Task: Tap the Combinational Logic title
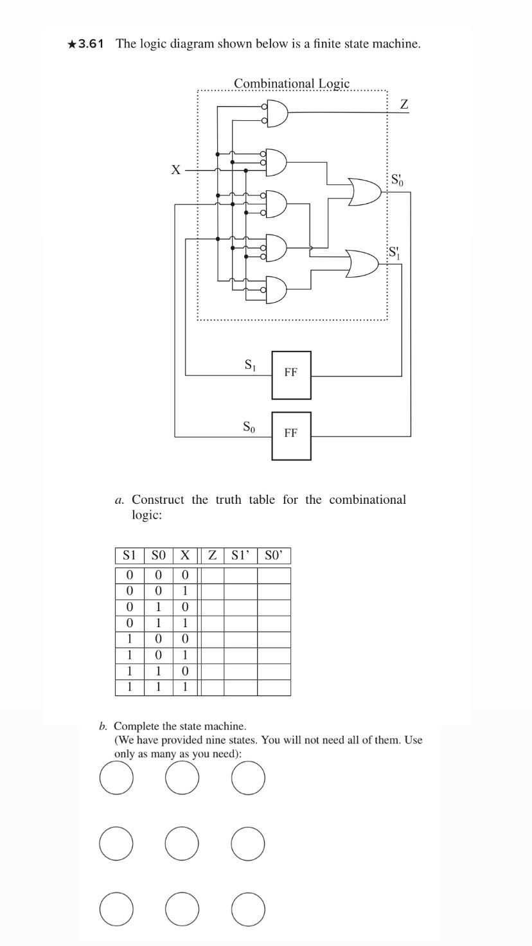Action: pyautogui.click(x=292, y=84)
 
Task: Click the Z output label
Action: pyautogui.click(x=404, y=104)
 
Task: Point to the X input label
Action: pyautogui.click(x=176, y=170)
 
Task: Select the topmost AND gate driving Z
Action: pyautogui.click(x=276, y=115)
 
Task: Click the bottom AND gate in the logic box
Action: pyautogui.click(x=276, y=290)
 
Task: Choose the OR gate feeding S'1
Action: pyautogui.click(x=364, y=263)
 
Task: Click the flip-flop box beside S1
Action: pyautogui.click(x=291, y=375)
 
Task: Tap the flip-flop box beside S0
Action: pyautogui.click(x=291, y=436)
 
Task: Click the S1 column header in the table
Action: pyautogui.click(x=130, y=555)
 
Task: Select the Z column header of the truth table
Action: pyautogui.click(x=212, y=555)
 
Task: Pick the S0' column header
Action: pyautogui.click(x=274, y=555)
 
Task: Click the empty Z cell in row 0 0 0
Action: pyautogui.click(x=212, y=575)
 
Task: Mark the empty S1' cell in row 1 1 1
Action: pyautogui.click(x=240, y=687)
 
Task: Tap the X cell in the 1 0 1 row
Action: pyautogui.click(x=185, y=655)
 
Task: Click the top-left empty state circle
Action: pyautogui.click(x=117, y=778)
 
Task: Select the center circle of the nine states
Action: pyautogui.click(x=182, y=843)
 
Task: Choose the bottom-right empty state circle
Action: pyautogui.click(x=248, y=907)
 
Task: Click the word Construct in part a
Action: pyautogui.click(x=158, y=500)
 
